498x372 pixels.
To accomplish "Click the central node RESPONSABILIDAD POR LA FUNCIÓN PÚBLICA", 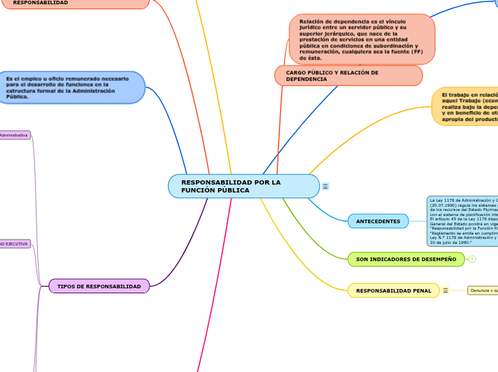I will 243,186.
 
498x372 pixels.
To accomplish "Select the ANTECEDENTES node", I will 378,221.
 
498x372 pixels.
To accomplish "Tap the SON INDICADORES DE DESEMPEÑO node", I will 406,259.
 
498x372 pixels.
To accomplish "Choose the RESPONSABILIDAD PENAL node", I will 393,290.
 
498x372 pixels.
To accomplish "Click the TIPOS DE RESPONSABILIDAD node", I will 99,286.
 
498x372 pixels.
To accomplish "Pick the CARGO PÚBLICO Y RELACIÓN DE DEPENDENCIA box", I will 348,76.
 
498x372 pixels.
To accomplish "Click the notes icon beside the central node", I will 326,186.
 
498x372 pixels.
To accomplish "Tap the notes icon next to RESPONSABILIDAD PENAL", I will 445,290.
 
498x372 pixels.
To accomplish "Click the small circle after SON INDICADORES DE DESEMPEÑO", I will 472,259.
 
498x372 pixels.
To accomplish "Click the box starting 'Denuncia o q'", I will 483,290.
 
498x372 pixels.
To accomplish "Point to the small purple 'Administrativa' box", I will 14,135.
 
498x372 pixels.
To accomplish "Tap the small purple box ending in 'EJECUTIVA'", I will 14,244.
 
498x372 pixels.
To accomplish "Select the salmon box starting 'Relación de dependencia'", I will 362,39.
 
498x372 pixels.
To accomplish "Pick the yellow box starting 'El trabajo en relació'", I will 465,106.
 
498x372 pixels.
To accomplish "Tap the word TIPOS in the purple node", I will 68,286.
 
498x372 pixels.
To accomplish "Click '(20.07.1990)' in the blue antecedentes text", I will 443,205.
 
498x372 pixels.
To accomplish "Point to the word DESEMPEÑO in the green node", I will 438,259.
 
